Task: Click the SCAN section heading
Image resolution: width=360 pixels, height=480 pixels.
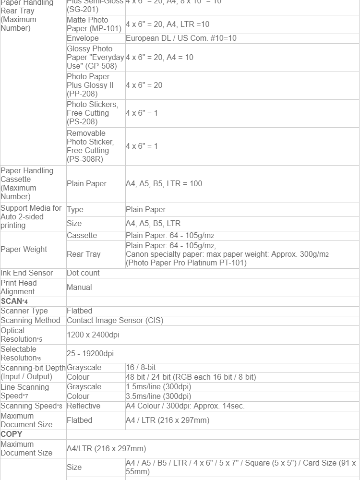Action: [12, 301]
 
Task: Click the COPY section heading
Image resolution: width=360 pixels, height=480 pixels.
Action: [12, 434]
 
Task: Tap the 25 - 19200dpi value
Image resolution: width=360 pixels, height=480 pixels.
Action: [90, 354]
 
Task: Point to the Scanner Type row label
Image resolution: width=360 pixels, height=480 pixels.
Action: [24, 311]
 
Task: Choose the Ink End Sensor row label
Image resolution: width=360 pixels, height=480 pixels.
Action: [27, 273]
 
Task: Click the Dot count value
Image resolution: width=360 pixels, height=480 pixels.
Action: [83, 273]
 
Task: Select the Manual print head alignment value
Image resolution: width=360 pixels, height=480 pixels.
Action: [79, 287]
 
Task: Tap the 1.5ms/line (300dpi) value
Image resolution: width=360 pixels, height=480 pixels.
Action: [158, 386]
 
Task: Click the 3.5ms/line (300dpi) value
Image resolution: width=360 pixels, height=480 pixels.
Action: [158, 396]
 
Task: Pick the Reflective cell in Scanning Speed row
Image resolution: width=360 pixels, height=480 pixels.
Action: [84, 406]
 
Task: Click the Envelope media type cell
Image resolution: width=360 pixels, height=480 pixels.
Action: [83, 38]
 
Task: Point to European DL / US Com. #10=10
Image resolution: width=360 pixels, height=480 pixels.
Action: [181, 38]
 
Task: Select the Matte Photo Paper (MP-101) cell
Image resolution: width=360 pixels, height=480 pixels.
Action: [94, 24]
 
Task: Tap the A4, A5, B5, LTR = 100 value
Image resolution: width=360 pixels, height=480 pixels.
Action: [164, 183]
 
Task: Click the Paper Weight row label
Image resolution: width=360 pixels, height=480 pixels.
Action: [24, 249]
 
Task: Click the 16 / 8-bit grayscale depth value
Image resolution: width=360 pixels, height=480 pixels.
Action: [141, 367]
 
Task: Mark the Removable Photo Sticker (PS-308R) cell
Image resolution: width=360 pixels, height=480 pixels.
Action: [90, 146]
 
